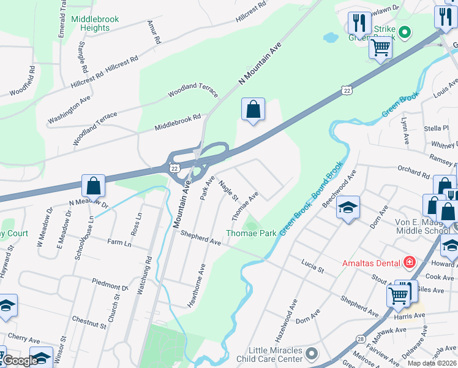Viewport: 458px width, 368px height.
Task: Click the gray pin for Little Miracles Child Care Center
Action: [312, 354]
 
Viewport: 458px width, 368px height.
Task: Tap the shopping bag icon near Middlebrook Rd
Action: [253, 111]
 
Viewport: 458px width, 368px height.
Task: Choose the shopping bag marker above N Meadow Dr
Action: [93, 186]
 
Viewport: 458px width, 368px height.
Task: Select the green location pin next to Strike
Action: [404, 31]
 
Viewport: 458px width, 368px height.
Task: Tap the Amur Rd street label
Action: [153, 32]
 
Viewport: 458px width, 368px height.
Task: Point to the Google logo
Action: [20, 361]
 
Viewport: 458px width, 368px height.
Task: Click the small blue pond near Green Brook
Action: [330, 37]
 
